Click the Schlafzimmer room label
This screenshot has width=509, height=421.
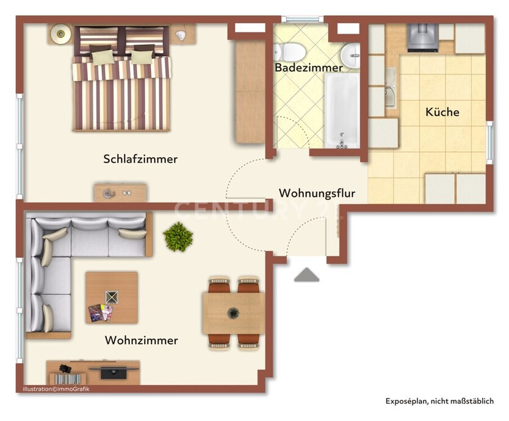[x=140, y=159]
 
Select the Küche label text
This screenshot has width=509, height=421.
[x=442, y=112]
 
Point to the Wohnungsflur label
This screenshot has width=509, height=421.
[x=317, y=193]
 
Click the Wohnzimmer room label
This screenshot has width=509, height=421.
[x=141, y=340]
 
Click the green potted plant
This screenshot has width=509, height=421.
[x=178, y=236]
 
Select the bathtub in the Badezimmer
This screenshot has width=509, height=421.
[x=341, y=110]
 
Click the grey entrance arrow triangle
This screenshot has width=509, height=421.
[x=306, y=275]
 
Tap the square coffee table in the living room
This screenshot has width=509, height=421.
[x=112, y=297]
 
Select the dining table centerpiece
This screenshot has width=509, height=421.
[x=233, y=314]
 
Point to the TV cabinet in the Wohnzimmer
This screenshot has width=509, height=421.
[x=93, y=372]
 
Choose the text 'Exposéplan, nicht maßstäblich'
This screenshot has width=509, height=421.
[x=439, y=401]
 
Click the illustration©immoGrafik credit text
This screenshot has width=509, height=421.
[x=56, y=389]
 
